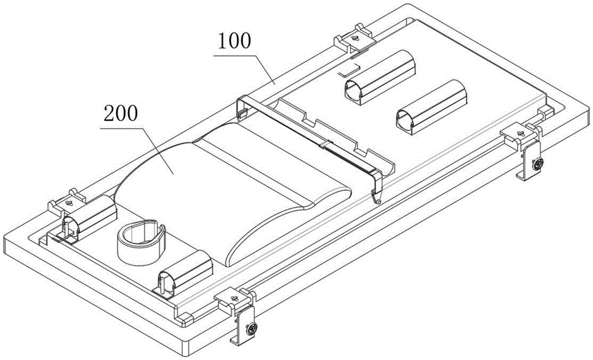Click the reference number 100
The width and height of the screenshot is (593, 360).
(x=234, y=42)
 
